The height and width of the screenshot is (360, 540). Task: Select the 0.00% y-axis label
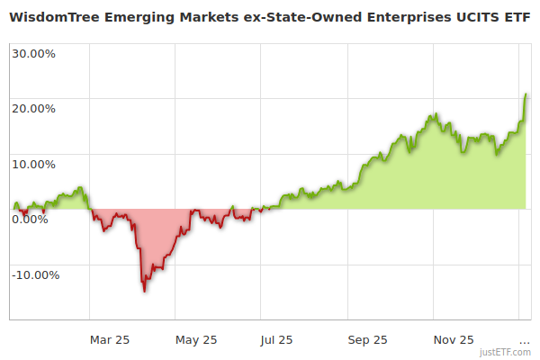[x=30, y=220]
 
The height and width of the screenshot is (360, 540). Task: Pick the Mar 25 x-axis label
[x=111, y=340]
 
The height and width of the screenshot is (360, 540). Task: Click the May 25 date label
[x=196, y=340]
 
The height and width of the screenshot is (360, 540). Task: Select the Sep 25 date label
[x=367, y=340]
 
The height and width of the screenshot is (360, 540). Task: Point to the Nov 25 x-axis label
[x=454, y=340]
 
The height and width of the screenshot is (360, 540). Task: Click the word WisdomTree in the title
[x=52, y=17]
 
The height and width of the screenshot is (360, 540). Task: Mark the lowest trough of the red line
[x=144, y=291]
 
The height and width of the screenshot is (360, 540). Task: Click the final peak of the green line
[x=525, y=94]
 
